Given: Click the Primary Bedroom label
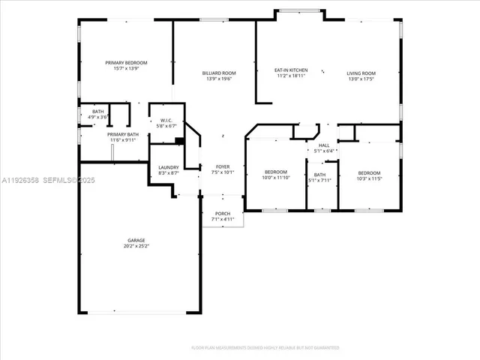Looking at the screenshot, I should pyautogui.click(x=125, y=62).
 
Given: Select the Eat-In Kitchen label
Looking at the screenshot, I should pyautogui.click(x=292, y=70).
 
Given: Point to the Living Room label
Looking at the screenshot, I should pyautogui.click(x=361, y=73).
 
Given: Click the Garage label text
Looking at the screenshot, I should pyautogui.click(x=135, y=240).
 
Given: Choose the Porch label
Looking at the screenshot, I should pyautogui.click(x=223, y=214).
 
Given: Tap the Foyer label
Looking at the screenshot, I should pyautogui.click(x=223, y=166).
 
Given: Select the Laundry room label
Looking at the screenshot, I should pyautogui.click(x=168, y=167).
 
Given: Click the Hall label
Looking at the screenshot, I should pyautogui.click(x=324, y=145).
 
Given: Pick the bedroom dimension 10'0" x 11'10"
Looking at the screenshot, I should pyautogui.click(x=274, y=178).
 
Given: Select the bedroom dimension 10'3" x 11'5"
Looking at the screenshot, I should pyautogui.click(x=369, y=178).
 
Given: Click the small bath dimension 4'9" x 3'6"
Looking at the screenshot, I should pyautogui.click(x=98, y=117).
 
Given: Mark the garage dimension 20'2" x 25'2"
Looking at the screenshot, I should pyautogui.click(x=135, y=246).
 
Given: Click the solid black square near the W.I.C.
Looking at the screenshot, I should pyautogui.click(x=179, y=140).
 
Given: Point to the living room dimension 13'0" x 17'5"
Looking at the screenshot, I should pyautogui.click(x=361, y=78).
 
